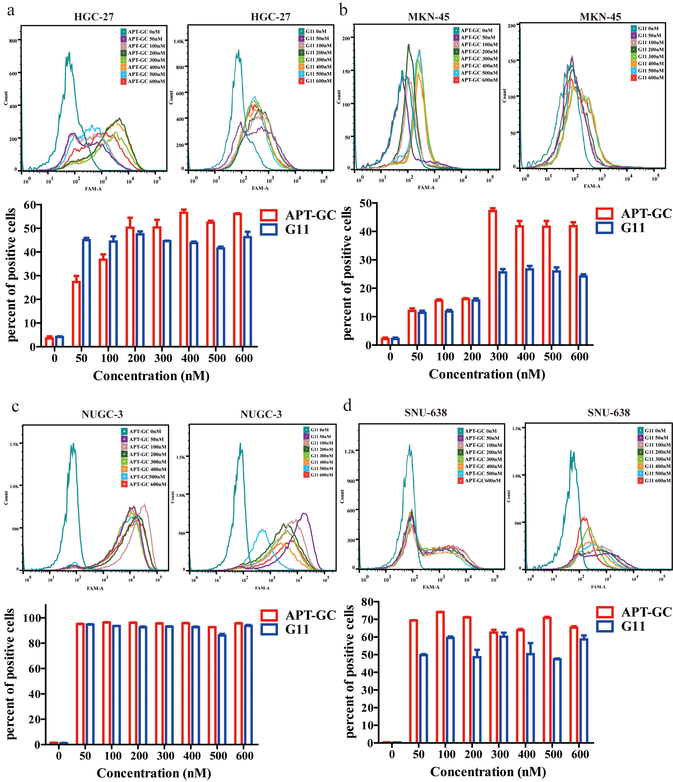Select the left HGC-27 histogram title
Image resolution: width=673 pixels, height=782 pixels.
pos(94,17)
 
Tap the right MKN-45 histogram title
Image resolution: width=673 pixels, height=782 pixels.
pos(600,17)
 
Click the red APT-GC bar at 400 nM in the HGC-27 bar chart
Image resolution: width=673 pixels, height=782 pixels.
pos(184,279)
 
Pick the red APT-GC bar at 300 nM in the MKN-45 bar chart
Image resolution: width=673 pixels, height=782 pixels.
pos(492,277)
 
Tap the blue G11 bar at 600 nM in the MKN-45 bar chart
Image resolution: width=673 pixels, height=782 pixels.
pos(583,310)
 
